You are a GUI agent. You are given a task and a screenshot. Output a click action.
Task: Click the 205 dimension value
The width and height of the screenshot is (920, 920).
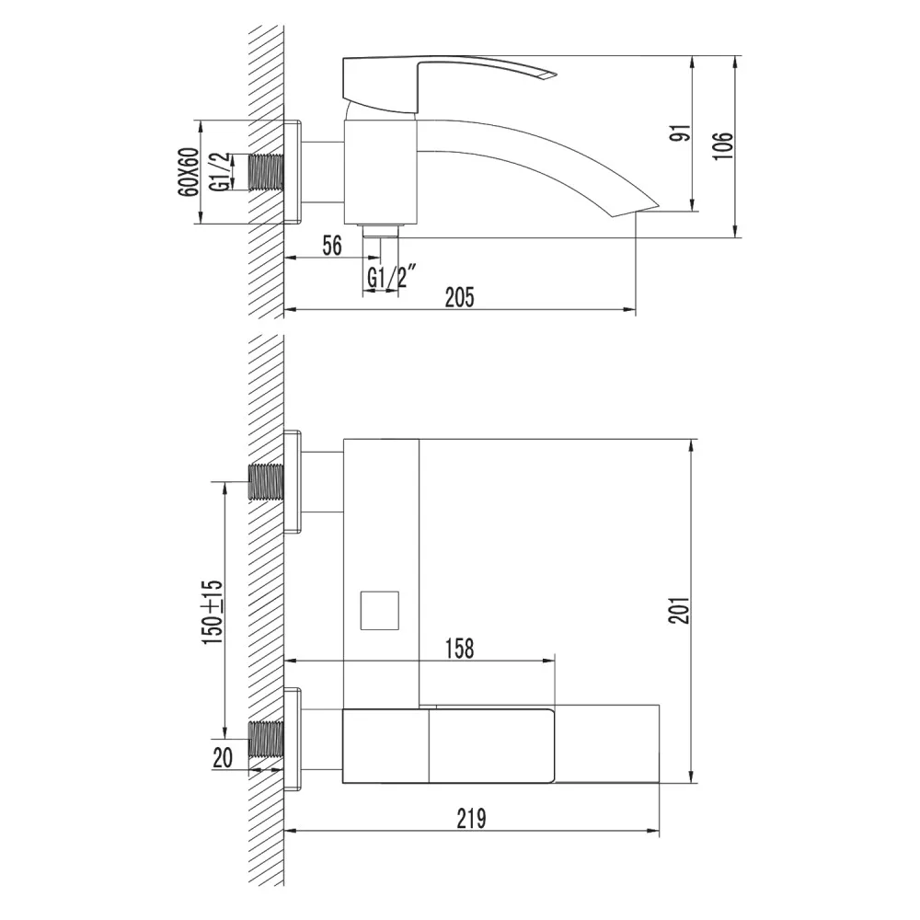459,297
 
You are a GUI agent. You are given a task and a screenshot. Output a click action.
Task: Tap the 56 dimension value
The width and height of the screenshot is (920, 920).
332,246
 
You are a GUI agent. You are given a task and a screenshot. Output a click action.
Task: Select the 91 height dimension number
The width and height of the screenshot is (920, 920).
682,133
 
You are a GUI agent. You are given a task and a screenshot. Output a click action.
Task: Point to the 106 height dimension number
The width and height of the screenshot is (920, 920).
724,144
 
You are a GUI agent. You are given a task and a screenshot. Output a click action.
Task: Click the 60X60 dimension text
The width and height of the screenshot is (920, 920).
189,172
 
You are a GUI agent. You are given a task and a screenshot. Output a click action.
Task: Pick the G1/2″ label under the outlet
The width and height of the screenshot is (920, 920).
391,277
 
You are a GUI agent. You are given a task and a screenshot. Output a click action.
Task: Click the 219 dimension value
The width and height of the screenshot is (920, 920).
471,819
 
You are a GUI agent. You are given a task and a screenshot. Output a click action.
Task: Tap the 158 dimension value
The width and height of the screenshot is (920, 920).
459,649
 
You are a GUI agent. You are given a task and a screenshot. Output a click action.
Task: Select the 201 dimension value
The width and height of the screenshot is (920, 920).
680,610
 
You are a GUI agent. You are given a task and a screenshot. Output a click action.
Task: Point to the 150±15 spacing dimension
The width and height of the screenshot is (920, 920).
213,612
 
